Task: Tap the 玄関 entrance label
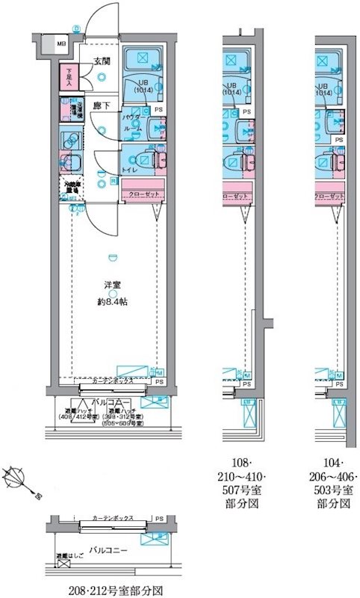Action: pos(102,61)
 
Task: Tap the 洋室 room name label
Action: pos(111,284)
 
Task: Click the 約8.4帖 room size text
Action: pos(111,301)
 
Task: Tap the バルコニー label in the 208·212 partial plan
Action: pos(109,549)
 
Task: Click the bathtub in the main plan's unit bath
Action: pos(142,58)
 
